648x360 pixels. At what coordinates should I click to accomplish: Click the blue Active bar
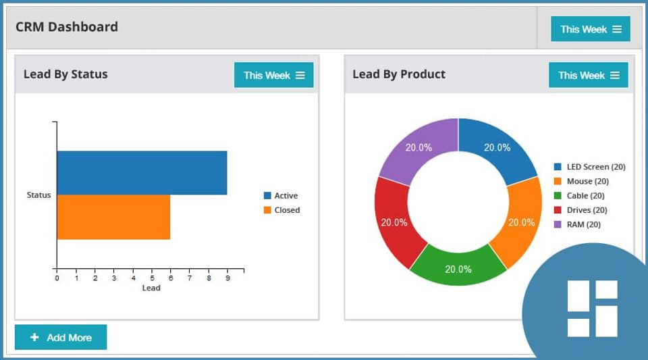[142, 173]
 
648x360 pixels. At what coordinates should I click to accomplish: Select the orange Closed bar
[113, 217]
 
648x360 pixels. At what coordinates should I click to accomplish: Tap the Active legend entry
[281, 196]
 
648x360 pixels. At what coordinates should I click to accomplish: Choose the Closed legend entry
[281, 210]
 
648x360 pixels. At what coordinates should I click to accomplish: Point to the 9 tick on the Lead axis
[227, 277]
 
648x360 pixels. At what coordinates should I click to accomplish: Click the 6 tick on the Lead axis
[170, 277]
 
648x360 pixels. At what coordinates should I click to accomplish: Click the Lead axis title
[151, 288]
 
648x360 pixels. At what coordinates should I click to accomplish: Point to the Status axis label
[38, 195]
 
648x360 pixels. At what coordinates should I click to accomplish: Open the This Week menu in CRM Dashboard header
[591, 29]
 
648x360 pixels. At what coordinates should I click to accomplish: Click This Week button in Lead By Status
[273, 75]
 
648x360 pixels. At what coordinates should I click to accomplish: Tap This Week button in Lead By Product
[588, 75]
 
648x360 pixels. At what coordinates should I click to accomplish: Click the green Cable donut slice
[458, 267]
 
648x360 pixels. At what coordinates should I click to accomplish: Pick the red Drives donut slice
[396, 222]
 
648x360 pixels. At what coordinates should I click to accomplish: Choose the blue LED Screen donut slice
[497, 149]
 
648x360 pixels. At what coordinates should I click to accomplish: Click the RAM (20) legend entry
[578, 224]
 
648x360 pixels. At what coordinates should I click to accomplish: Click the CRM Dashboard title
[67, 27]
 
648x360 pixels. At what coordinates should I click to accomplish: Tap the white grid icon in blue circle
[592, 308]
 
